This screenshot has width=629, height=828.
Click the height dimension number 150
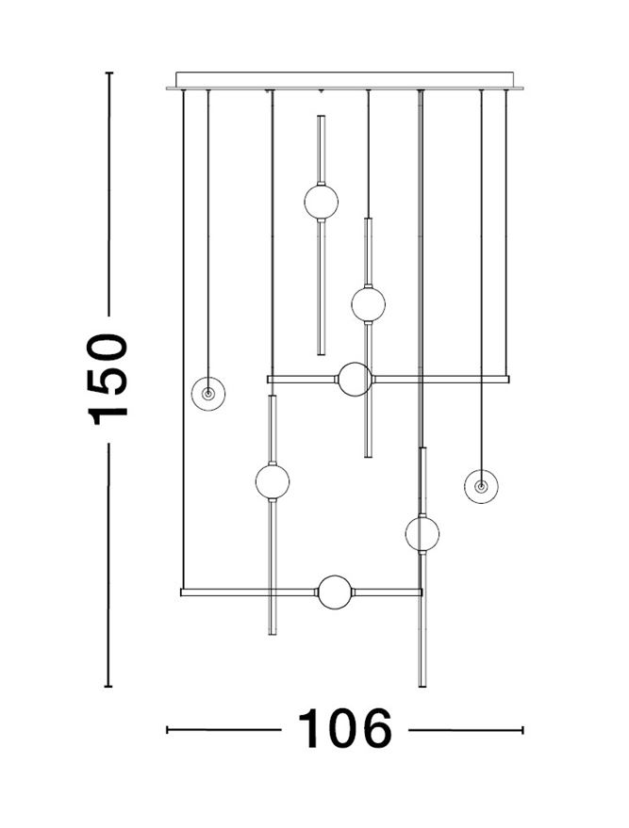[x=108, y=379]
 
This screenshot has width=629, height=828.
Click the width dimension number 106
[x=344, y=729]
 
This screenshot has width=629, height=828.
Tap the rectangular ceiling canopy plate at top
[x=344, y=80]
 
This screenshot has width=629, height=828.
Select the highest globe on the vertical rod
[x=321, y=202]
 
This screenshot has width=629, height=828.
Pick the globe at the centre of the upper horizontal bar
[x=356, y=380]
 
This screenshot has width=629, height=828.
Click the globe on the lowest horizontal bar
[x=334, y=593]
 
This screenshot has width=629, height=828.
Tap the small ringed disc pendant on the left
[x=207, y=392]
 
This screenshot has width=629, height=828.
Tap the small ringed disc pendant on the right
[x=481, y=487]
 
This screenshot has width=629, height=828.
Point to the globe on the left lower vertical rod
[x=273, y=481]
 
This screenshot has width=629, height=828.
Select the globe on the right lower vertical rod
[x=422, y=534]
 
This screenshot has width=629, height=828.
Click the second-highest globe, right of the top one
[x=368, y=304]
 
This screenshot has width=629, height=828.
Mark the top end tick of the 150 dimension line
[x=108, y=73]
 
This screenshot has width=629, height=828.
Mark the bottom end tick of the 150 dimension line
[x=108, y=687]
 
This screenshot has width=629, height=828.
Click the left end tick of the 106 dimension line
[x=168, y=729]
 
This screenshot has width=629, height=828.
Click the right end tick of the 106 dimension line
[x=522, y=729]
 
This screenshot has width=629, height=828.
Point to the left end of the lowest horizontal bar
[x=183, y=593]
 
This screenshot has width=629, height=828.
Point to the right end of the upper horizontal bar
[x=507, y=380]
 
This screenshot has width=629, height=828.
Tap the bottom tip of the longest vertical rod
[x=422, y=686]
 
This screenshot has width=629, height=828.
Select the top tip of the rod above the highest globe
[x=321, y=117]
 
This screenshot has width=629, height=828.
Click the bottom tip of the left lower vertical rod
[x=273, y=634]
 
